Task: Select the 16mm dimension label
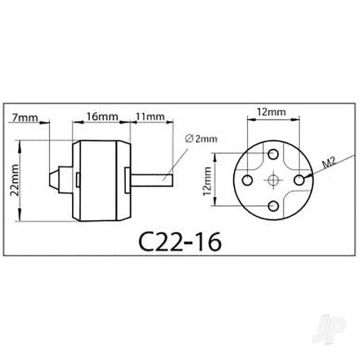(x=98, y=116)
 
